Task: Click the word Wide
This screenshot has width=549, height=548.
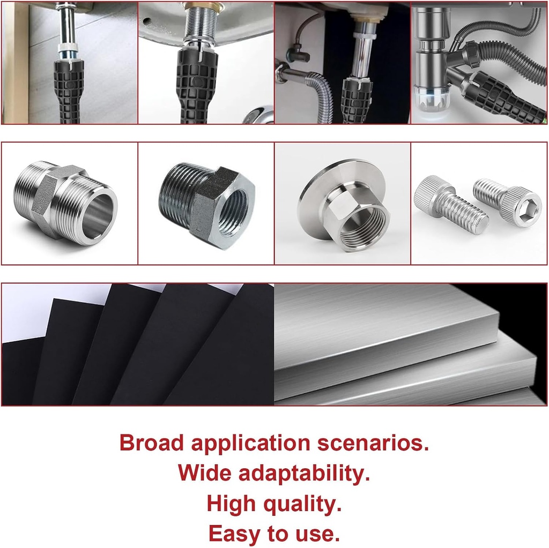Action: tap(205, 474)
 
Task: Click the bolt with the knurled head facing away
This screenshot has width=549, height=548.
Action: tap(450, 205)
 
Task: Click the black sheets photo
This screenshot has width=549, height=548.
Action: tap(138, 346)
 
